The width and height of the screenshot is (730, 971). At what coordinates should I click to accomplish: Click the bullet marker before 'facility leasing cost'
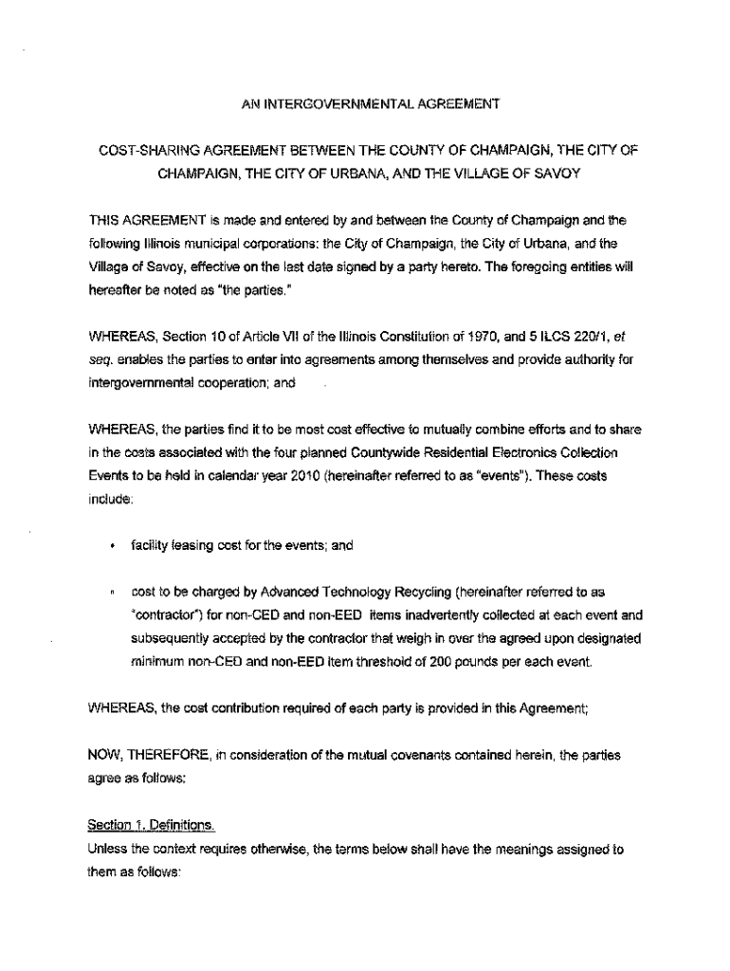click(x=112, y=546)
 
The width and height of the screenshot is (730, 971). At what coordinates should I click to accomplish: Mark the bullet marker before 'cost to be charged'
click(x=112, y=593)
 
